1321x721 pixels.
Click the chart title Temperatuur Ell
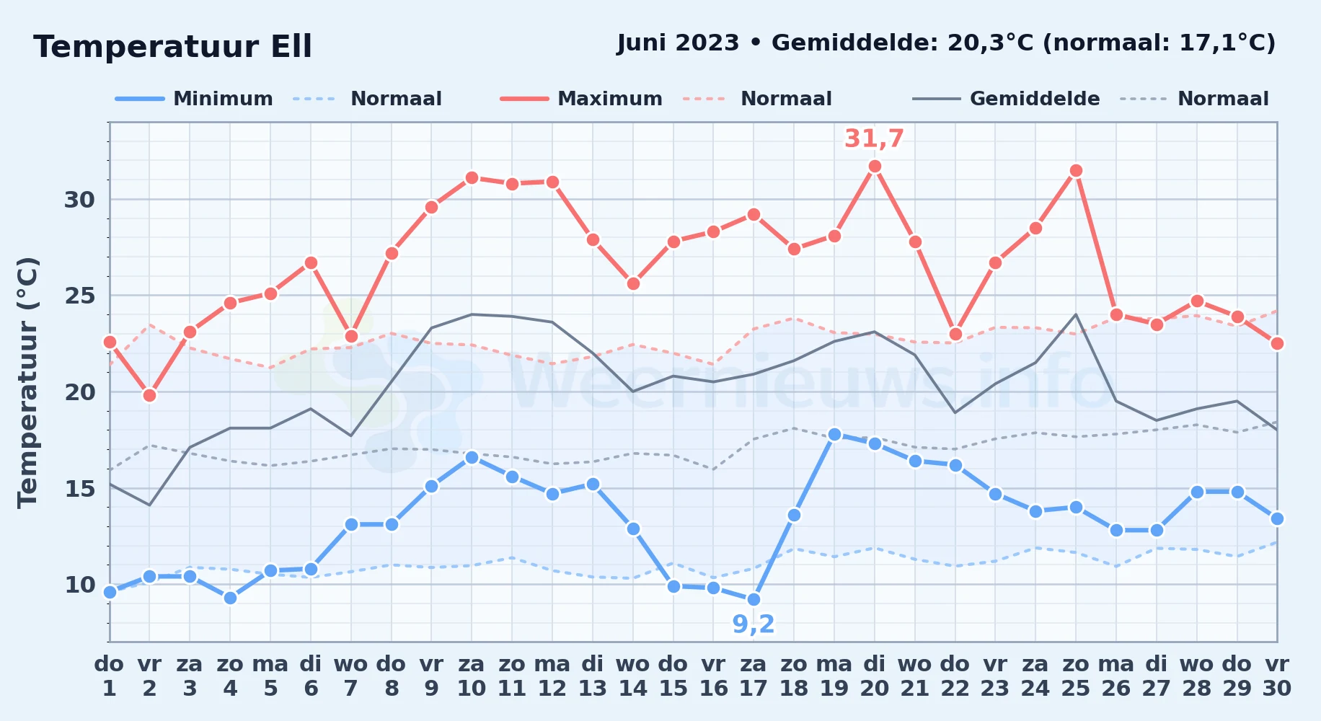[172, 47]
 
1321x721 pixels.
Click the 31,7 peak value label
[874, 138]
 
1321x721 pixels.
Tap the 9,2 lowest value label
[754, 624]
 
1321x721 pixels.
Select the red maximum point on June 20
[875, 167]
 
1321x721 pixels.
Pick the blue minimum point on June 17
[754, 599]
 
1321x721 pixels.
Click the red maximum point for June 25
[1076, 171]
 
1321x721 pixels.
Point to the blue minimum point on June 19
[834, 434]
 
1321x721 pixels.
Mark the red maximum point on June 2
[149, 395]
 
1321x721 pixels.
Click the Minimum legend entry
[194, 99]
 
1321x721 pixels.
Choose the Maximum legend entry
[581, 99]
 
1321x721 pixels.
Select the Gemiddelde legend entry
[1006, 99]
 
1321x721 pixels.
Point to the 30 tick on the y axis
[79, 200]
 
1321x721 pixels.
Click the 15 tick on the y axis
[79, 489]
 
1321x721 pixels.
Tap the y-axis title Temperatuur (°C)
[27, 382]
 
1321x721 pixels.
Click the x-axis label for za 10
[472, 676]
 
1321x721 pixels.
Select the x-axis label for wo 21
[915, 676]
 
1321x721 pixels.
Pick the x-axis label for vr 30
[1277, 676]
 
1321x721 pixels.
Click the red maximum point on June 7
[351, 336]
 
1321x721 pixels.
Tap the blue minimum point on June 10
[472, 457]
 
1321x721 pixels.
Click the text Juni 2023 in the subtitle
[678, 43]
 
